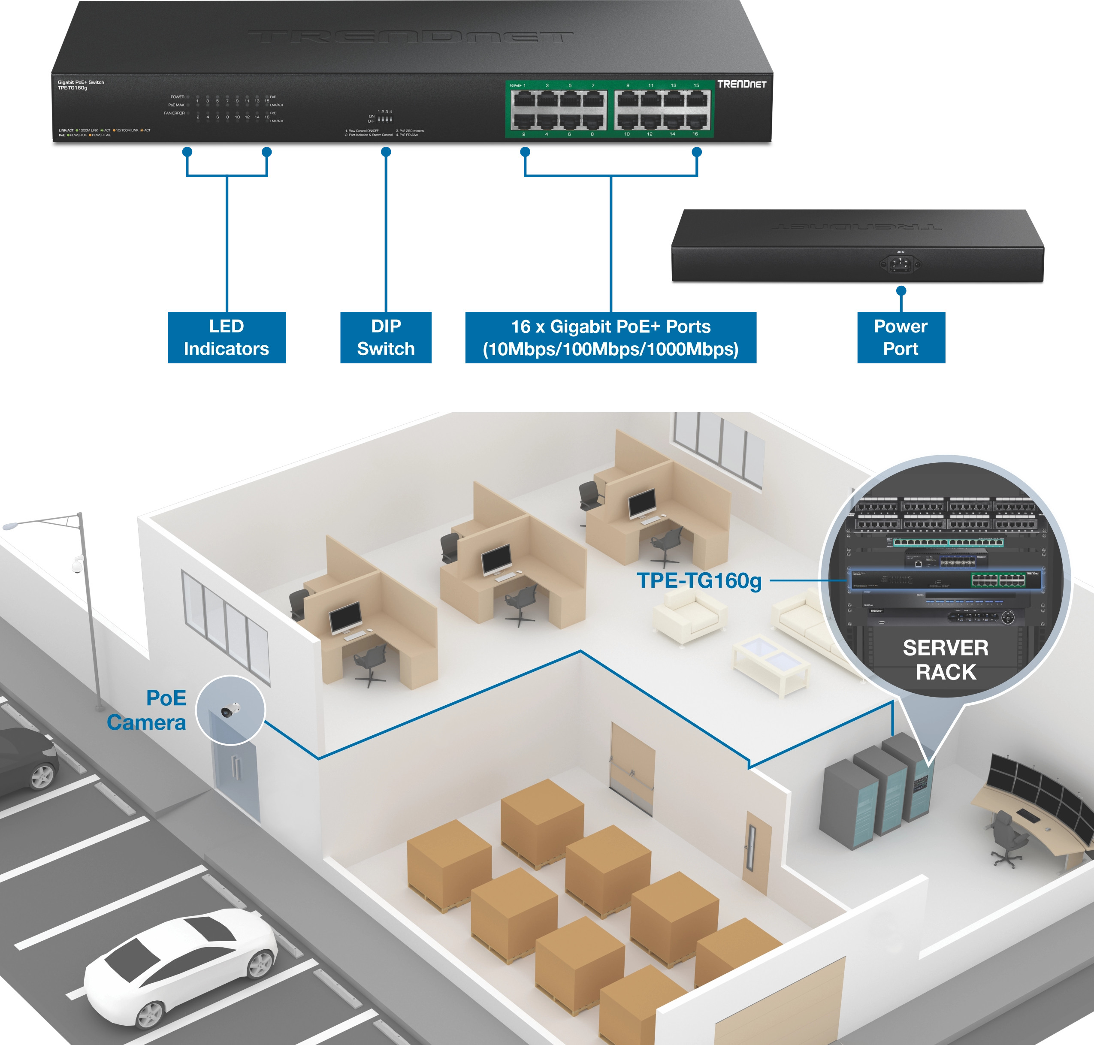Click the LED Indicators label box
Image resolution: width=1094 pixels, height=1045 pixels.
pos(226,338)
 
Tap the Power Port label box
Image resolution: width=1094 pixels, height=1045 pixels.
pos(900,338)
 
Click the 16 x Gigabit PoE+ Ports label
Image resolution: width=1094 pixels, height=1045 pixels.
pos(610,338)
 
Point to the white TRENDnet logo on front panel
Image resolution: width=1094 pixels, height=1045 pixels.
pos(741,84)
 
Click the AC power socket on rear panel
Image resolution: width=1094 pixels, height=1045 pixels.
pos(900,263)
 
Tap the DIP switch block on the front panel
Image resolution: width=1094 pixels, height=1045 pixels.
pos(385,119)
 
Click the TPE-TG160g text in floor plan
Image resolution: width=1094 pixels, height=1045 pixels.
pos(699,580)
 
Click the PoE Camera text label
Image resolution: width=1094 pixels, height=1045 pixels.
pos(148,710)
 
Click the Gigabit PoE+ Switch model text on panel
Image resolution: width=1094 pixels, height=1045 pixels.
pos(81,85)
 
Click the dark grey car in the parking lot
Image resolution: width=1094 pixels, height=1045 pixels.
pos(25,757)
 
